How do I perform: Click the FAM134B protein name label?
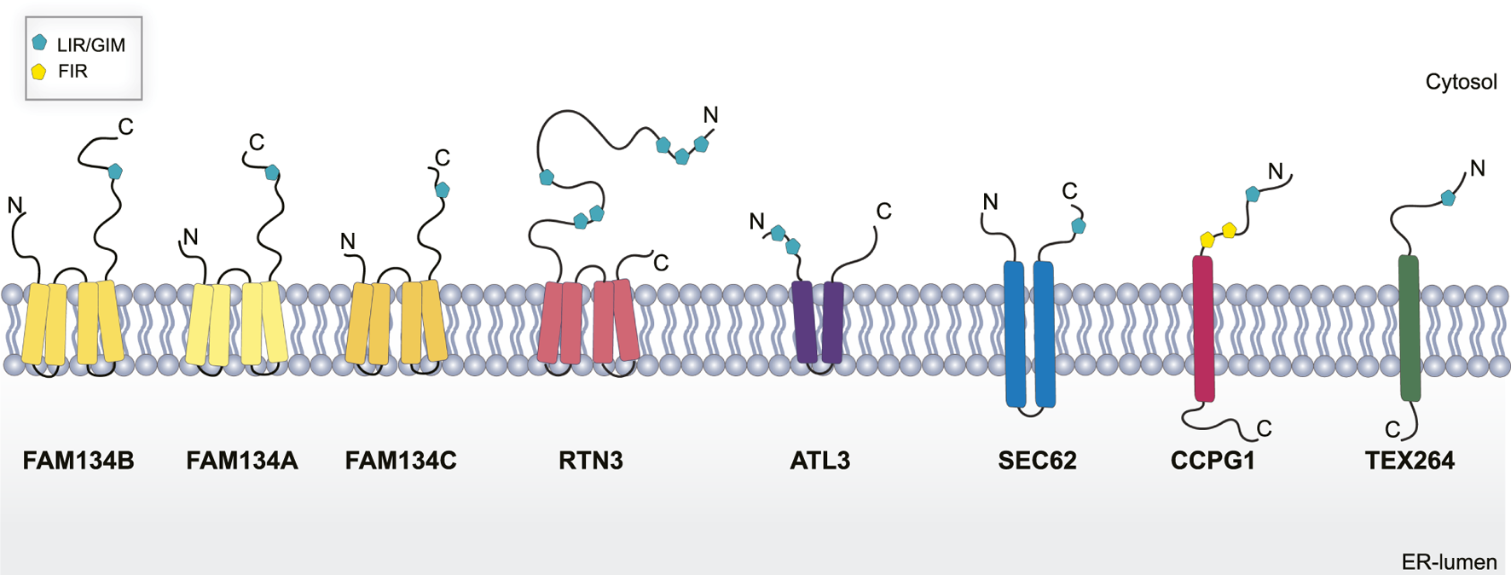78,461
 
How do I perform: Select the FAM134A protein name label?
242,461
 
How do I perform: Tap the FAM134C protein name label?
401,461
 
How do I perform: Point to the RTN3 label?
591,461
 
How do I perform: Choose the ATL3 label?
820,461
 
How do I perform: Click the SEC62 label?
1037,461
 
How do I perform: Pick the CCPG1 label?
1213,461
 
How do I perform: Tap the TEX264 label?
1410,461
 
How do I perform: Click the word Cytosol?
1461,82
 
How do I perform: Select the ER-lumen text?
1449,562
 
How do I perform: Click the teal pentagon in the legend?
39,42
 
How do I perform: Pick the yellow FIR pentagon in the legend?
39,72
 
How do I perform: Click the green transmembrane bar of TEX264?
1410,328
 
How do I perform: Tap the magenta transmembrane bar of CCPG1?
1203,328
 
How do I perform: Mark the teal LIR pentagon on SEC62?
1079,226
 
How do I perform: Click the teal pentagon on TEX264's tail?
1448,199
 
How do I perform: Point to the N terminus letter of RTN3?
710,115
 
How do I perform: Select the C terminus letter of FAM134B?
125,127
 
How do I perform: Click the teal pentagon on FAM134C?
443,190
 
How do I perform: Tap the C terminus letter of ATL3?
883,211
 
